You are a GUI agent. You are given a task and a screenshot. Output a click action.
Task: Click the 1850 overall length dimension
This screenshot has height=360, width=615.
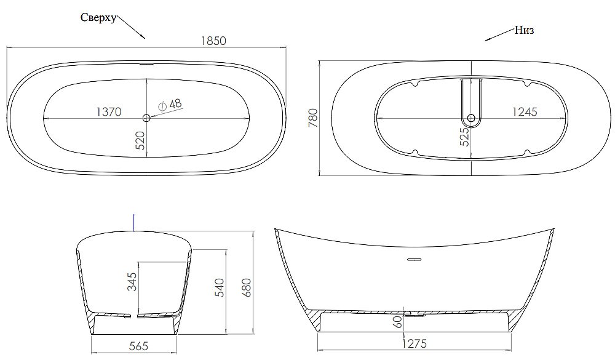pos(213,41)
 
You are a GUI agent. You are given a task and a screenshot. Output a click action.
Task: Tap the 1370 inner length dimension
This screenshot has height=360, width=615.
pos(108,111)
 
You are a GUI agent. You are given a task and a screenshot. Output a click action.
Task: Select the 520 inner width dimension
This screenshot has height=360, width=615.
pos(140,140)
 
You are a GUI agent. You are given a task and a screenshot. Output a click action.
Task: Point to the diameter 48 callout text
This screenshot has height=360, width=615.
pos(170,105)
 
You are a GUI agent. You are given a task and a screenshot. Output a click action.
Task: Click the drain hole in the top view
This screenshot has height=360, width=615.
pos(146,117)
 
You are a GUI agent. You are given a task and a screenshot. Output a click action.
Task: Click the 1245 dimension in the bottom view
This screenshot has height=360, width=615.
pos(525,111)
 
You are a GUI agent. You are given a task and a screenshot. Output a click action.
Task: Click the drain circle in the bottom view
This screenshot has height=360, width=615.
pos(471,118)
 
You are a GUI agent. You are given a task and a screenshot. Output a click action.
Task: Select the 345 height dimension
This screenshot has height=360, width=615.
pos(132,281)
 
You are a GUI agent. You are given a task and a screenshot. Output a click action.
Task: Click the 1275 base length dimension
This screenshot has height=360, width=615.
pos(414,343)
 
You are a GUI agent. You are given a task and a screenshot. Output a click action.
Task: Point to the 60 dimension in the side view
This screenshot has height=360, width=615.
pos(399,320)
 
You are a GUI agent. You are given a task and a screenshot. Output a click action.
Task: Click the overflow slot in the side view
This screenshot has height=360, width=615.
pos(413,258)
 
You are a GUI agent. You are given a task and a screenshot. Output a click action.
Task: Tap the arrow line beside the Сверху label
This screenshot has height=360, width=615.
pos(130,27)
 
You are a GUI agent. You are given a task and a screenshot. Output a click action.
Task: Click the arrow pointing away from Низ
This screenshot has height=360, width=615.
pos(499,36)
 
